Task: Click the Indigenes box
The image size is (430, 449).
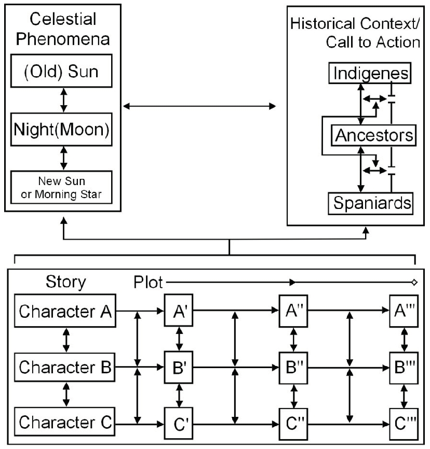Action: pos(370,73)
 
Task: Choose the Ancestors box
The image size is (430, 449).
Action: pos(374,135)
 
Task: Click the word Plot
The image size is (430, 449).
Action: pos(148,283)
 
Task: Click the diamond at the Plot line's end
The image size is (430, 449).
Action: pos(414,283)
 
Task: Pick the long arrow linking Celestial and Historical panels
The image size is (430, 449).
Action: pos(199,107)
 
